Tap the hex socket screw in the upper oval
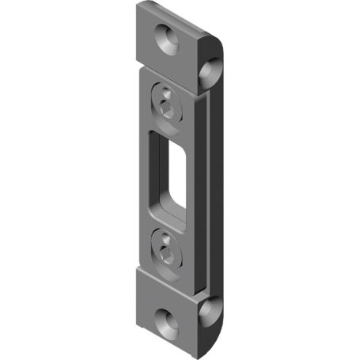coord(166,106)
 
